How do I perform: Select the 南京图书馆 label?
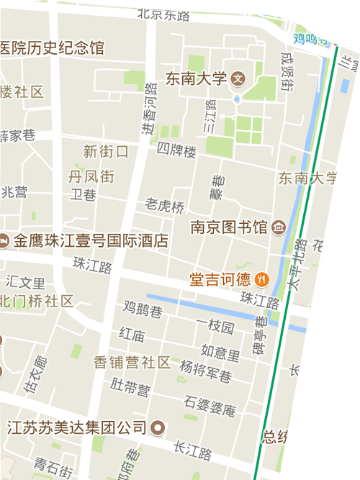pos(228,227)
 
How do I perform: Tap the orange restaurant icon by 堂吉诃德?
pos(262,277)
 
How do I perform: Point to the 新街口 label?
pos(105,151)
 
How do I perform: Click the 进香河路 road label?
pos(148,108)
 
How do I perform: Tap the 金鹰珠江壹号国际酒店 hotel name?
pos(91,240)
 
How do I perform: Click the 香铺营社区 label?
pos(132,362)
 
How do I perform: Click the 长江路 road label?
pos(193,453)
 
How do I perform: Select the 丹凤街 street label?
pos(91,176)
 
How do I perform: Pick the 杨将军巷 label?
pos(206,371)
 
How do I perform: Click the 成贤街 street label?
pos(287,72)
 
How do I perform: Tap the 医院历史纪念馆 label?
pos(52,48)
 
